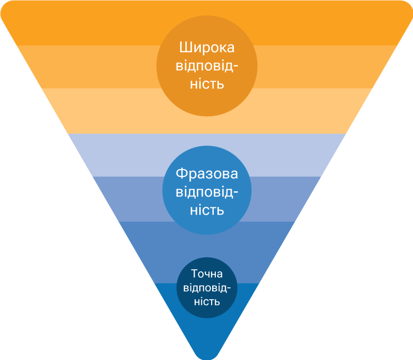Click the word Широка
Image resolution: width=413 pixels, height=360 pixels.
207,48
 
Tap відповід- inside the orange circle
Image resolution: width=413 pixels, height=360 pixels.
207,66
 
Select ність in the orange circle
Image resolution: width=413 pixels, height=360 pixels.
207,84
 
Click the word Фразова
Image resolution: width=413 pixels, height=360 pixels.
207,174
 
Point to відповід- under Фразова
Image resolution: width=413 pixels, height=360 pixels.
207,192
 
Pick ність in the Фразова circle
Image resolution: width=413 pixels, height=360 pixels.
207,210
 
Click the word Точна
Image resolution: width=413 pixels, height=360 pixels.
207,274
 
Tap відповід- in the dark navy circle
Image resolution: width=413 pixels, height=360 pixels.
207,288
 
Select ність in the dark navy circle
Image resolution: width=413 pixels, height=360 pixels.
207,302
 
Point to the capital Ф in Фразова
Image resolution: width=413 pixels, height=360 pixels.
181,174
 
